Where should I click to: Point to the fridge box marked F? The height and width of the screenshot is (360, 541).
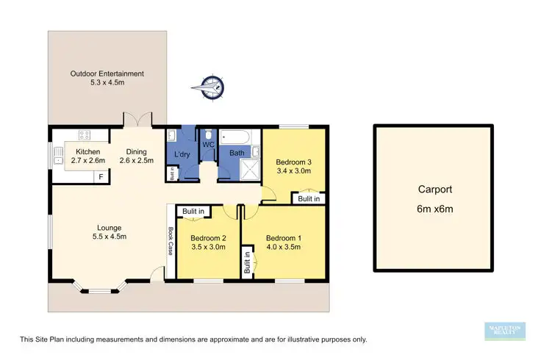[x=101, y=177]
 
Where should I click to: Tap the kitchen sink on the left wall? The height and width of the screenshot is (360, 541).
[x=57, y=155]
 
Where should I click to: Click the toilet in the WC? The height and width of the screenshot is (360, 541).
[x=209, y=136]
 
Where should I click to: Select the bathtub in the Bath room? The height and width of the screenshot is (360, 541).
[x=237, y=137]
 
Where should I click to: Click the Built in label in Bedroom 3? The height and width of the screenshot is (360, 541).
[x=309, y=198]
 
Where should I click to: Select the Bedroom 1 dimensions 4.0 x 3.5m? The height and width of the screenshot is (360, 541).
[x=283, y=248]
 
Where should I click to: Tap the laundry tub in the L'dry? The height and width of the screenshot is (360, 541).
[x=171, y=136]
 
